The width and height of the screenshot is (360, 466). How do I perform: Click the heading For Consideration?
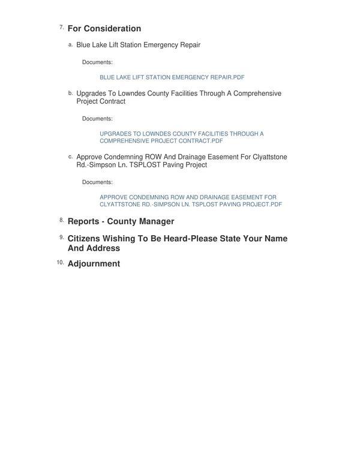[104, 29]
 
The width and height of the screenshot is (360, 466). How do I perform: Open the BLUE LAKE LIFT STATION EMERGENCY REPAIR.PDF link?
[172, 77]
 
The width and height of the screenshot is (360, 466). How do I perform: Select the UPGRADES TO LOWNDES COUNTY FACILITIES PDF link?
[181, 137]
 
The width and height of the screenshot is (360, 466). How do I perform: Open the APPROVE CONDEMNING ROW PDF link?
[190, 201]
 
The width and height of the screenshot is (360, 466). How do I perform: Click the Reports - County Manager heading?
[121, 221]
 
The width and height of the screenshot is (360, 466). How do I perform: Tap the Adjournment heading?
[94, 264]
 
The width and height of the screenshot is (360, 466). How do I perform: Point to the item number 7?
[62, 27]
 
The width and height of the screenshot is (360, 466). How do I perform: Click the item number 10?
[60, 262]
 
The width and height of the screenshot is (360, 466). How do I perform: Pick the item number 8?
[62, 220]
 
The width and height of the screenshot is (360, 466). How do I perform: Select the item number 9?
[62, 237]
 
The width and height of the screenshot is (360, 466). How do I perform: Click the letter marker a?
[70, 44]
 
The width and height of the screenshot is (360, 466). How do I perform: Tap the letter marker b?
[70, 92]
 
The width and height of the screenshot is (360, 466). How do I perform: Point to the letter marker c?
[70, 156]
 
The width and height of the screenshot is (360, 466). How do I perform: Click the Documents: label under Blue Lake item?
[97, 62]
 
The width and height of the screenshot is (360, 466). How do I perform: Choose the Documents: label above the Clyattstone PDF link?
[97, 182]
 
